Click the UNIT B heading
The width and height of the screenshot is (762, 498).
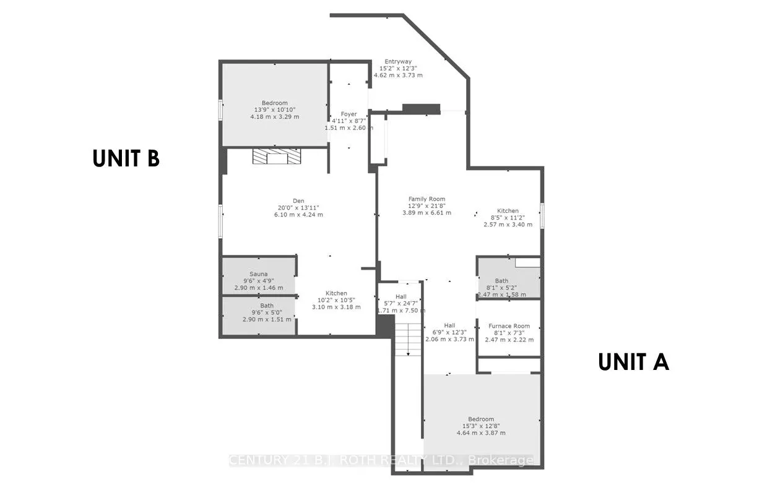pyautogui.click(x=126, y=158)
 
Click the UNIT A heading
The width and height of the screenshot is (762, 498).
pyautogui.click(x=633, y=362)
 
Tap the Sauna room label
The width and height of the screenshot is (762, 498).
pyautogui.click(x=258, y=273)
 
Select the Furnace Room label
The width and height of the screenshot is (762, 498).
pyautogui.click(x=509, y=325)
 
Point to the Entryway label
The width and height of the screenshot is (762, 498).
pyautogui.click(x=398, y=61)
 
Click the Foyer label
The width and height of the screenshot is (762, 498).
pyautogui.click(x=349, y=114)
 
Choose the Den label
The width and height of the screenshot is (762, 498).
pyautogui.click(x=299, y=200)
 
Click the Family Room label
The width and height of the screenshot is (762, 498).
pyautogui.click(x=427, y=199)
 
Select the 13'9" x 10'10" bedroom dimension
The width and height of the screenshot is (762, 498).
pyautogui.click(x=274, y=109)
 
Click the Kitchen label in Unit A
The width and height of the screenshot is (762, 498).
pyautogui.click(x=508, y=210)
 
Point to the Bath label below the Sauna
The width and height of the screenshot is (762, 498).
pyautogui.click(x=267, y=306)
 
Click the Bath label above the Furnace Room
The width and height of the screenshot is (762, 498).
pyautogui.click(x=501, y=281)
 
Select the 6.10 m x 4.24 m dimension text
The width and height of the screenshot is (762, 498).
pyautogui.click(x=299, y=215)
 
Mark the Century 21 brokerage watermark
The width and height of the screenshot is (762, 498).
pyautogui.click(x=381, y=460)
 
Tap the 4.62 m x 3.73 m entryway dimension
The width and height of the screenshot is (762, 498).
pyautogui.click(x=398, y=75)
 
